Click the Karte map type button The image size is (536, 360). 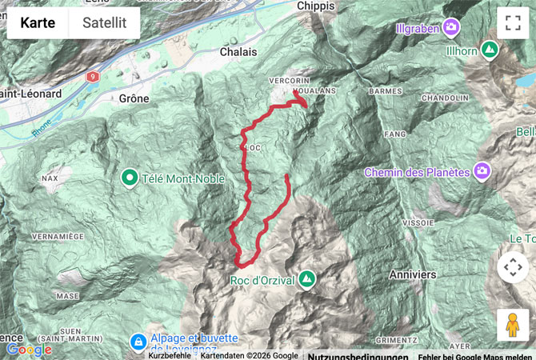pos(38,23)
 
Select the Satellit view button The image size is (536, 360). pos(104,23)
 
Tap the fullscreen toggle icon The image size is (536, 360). pos(513,23)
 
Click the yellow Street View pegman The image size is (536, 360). pos(513,325)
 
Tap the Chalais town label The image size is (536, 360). pos(238,51)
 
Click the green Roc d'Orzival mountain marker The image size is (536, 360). pos(306,279)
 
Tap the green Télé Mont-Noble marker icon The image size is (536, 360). pos(129,176)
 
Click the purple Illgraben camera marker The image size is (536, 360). pos(452,28)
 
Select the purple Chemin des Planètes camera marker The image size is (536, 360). pos(482,171)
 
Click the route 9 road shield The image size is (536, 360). pos(93,76)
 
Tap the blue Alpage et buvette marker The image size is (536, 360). pos(138,342)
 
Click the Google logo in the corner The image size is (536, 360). pos(29,350)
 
